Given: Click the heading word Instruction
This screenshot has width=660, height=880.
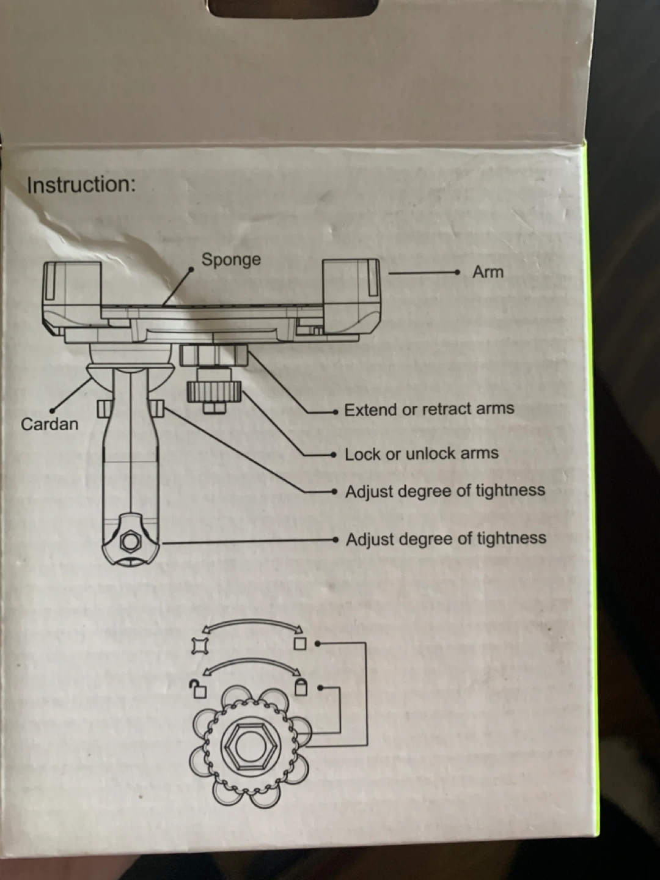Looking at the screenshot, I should point(81,185).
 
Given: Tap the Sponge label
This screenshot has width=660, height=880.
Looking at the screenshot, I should point(231,260).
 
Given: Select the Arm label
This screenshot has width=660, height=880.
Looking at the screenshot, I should point(488,272).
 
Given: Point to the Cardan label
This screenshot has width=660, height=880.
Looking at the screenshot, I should point(50,424).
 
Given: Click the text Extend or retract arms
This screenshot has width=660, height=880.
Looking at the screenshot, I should point(429,409).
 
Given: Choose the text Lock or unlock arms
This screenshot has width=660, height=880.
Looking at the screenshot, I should point(421,454).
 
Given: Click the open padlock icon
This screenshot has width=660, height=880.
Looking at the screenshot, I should point(198,689).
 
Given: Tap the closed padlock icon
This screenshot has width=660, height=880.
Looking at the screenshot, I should point(301,687).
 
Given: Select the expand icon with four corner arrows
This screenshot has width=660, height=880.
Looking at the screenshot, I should point(199,645).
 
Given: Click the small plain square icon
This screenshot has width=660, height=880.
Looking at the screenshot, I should point(299,643).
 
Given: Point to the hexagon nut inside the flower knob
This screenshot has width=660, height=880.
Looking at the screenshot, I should point(249,745).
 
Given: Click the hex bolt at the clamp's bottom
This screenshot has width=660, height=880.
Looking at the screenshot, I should point(130,541).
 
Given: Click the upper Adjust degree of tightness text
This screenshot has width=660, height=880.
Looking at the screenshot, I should point(445,491).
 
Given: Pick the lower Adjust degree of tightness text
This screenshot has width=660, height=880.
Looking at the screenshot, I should point(446,539).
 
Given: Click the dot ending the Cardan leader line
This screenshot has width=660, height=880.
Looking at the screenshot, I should point(53,410).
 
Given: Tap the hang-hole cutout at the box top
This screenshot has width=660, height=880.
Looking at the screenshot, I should point(291,7).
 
